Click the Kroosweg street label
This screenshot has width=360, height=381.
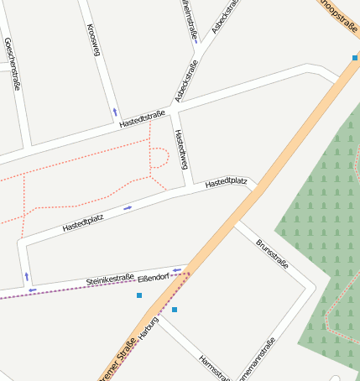tap(94, 40)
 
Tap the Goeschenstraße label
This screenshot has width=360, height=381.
tap(13, 64)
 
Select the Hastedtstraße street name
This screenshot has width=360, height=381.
tap(142, 119)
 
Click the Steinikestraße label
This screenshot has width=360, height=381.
tap(111, 279)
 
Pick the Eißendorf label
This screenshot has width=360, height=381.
tap(154, 275)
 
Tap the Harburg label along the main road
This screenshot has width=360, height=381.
tap(149, 329)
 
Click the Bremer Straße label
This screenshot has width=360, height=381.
tap(117, 364)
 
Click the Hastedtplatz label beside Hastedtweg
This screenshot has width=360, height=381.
tap(226, 182)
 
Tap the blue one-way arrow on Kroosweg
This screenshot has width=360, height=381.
tap(115, 111)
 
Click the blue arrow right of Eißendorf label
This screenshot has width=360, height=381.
tap(177, 269)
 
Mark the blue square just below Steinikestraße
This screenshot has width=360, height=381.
tap(139, 295)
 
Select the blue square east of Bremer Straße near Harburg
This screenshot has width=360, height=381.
tap(175, 310)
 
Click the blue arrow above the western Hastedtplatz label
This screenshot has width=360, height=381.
tap(128, 207)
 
